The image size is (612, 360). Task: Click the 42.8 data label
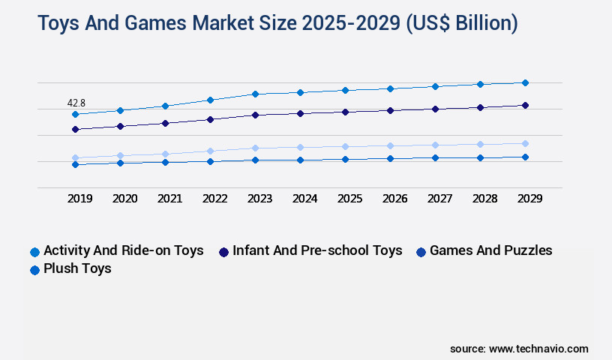[x=76, y=103]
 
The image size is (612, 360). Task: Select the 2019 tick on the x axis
[x=79, y=199]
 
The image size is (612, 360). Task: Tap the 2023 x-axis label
[x=259, y=199]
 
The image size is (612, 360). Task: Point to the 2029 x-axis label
[x=529, y=199]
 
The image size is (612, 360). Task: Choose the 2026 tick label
[x=394, y=199]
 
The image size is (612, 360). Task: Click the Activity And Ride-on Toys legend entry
[x=123, y=250]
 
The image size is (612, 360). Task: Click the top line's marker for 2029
[x=525, y=82]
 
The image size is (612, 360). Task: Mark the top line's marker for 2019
[x=75, y=114]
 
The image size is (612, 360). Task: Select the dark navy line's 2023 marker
[x=255, y=115]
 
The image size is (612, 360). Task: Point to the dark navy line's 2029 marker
[x=525, y=105]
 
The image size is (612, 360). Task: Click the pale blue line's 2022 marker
[x=210, y=151]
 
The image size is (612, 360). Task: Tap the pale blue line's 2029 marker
[x=525, y=143]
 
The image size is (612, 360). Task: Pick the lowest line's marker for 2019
[x=75, y=164]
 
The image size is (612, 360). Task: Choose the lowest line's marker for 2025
[x=345, y=159]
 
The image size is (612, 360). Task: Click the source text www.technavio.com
[x=538, y=349]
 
